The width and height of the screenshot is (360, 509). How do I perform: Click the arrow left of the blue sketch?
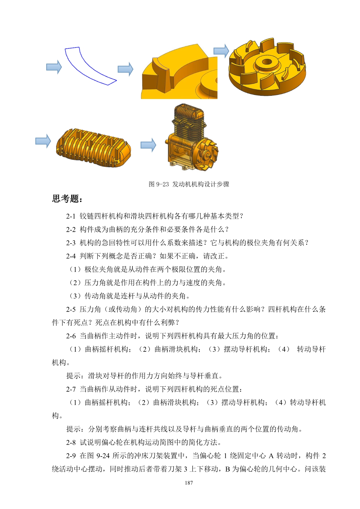pos(54,67)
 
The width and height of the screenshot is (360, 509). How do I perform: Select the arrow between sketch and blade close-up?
pos(125,69)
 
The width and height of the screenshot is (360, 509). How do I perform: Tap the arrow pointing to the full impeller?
pos(222,51)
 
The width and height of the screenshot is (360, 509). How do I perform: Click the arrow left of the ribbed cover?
pos(43,141)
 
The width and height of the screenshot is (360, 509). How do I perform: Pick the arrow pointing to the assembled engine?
pos(148,145)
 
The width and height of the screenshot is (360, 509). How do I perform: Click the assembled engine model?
pos(192,136)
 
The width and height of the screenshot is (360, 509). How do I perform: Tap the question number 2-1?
pos(71,216)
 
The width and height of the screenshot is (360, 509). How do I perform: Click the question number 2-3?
pos(71,243)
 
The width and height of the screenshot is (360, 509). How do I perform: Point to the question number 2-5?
pos(71,310)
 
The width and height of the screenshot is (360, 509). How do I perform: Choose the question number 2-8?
pos(71,443)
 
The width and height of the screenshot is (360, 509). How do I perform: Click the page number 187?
pos(189,483)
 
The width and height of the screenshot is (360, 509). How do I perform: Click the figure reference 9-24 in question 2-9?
pos(103,456)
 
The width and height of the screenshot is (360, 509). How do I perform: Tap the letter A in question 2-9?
pos(271,456)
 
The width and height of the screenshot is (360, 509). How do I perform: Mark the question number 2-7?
pos(71,389)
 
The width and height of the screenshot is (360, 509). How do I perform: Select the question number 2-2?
pos(71,230)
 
